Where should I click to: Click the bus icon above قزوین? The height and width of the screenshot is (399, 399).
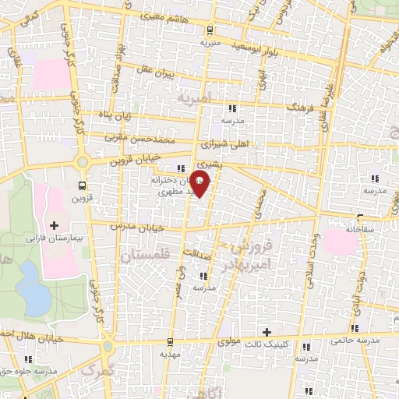(83, 185)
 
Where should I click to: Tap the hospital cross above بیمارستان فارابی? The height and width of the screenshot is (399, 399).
(54, 226)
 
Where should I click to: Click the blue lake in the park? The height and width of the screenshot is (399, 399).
(31, 277)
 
